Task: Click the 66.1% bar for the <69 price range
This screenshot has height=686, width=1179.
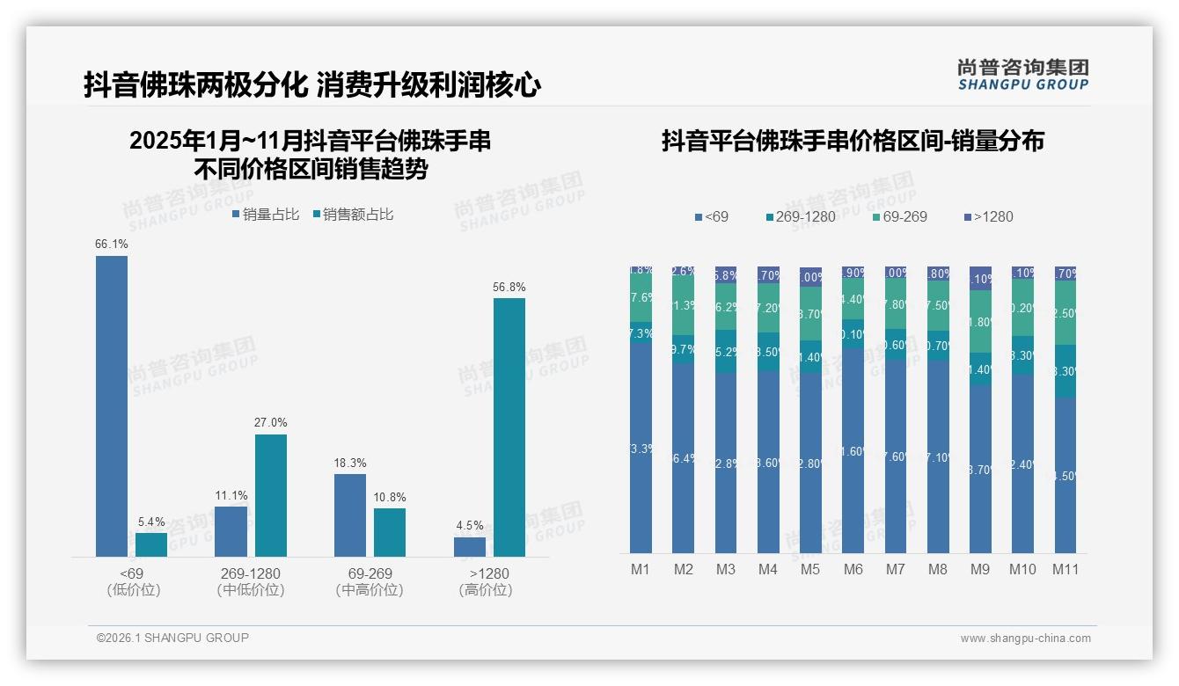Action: (112, 405)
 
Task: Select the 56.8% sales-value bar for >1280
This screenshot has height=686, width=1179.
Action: (509, 427)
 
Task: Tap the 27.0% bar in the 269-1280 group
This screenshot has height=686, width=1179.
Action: (271, 495)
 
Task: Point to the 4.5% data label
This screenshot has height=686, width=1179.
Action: (470, 526)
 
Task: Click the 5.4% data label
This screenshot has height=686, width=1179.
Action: (151, 522)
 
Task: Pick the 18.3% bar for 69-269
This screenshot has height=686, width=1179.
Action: (350, 514)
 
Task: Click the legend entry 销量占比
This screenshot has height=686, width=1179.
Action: (266, 215)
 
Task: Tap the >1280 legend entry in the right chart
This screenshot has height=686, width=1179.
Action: (989, 216)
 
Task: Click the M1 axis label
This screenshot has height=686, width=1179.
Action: (641, 569)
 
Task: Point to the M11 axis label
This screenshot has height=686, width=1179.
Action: (1065, 569)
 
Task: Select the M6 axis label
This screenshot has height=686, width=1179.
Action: (853, 569)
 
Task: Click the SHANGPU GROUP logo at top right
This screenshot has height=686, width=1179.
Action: (1022, 75)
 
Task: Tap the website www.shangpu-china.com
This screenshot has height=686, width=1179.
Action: (1025, 639)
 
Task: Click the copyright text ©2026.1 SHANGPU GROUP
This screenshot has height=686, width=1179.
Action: (172, 638)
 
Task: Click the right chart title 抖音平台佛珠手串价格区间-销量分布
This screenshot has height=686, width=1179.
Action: (853, 141)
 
